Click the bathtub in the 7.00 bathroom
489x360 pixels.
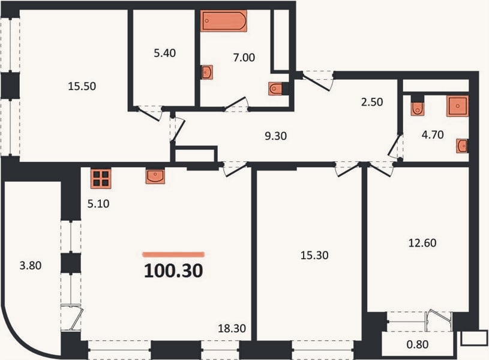tap(224, 21)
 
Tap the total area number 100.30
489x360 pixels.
tap(173, 271)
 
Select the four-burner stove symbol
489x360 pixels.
tap(101, 178)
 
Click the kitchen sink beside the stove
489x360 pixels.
tap(155, 176)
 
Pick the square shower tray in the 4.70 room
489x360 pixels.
tap(458, 106)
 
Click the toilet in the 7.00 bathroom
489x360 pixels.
tap(275, 89)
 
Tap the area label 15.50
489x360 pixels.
tap(82, 86)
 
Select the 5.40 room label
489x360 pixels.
tap(164, 53)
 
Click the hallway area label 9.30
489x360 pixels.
tap(275, 136)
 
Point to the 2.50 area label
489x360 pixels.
tap(372, 102)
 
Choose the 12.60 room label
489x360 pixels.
tap(422, 243)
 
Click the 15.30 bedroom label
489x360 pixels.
tap(314, 255)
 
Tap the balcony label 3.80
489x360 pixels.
tap(31, 265)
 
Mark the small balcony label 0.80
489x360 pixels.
tap(418, 344)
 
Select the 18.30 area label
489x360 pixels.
tap(232, 328)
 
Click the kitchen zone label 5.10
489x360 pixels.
tap(98, 204)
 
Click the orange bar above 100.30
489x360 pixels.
tap(173, 254)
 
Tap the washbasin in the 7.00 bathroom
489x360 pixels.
tap(207, 73)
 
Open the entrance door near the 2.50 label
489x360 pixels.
tap(316, 80)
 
